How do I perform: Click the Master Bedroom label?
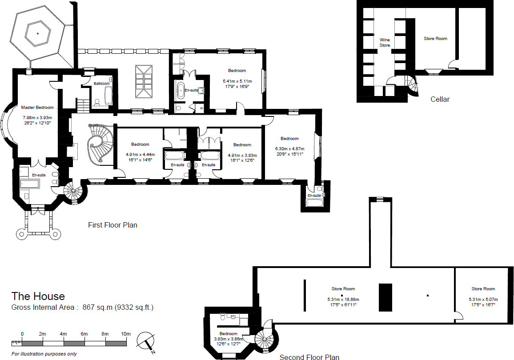point(37,108)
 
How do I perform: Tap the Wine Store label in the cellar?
point(385,43)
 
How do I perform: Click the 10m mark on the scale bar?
point(126,334)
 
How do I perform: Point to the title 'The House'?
point(38,296)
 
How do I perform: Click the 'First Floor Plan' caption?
point(112,225)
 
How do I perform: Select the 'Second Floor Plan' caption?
point(309,357)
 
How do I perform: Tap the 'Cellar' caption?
point(440,99)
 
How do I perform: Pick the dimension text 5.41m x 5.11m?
point(237,81)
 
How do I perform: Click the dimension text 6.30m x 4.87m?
point(289,149)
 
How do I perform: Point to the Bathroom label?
point(101,84)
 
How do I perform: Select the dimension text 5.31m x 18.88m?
point(343,299)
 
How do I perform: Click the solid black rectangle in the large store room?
point(385,297)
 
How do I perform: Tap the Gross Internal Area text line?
point(82,307)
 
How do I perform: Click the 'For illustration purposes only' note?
point(44,354)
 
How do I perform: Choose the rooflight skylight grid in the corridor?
point(143,82)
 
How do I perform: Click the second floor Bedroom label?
point(228,333)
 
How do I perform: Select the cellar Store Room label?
point(435,39)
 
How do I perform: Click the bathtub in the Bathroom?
point(108,96)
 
